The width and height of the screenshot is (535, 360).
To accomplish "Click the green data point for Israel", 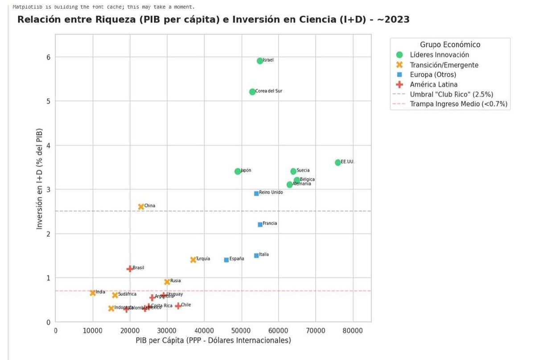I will coord(260,61).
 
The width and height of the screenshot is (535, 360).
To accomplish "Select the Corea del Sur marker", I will coord(252,92).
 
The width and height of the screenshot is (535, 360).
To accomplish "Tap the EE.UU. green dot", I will coord(338,162).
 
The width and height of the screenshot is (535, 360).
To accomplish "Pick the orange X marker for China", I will coord(141,207).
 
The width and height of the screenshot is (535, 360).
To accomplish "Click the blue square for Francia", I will coord(260,224).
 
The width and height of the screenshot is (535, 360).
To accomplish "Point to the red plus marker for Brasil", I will coord(130,269).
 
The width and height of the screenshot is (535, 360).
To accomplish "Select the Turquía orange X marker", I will coord(193,260).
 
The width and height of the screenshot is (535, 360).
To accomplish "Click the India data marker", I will coord(93,293).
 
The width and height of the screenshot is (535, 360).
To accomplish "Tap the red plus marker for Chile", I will coord(178,306).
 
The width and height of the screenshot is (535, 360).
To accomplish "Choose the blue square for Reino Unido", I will coord(256,193).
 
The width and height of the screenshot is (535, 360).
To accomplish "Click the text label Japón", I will coord(246,171).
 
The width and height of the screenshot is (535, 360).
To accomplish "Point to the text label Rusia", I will coord(175,281).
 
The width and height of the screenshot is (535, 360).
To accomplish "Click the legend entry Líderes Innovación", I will coord(439,55).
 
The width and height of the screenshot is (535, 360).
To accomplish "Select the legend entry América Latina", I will coord(433,84).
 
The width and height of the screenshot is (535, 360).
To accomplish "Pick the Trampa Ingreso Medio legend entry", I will coord(458,104).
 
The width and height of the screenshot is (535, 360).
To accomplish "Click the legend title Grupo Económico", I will coord(450,45).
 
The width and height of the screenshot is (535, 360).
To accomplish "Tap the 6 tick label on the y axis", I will coord(48,57).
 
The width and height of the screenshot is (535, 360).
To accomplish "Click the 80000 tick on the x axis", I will coord(353,331).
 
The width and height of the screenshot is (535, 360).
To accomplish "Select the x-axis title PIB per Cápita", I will coord(213,340).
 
